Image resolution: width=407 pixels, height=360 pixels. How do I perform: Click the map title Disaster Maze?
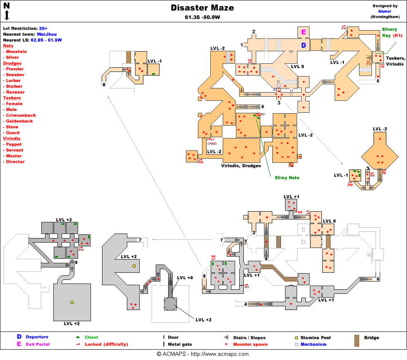(202, 8)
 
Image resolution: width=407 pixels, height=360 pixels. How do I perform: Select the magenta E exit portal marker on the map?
(304, 32)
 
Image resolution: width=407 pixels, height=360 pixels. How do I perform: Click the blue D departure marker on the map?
(304, 45)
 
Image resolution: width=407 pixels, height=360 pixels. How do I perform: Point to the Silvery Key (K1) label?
(392, 33)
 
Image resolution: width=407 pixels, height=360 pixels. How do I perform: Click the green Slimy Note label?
(287, 178)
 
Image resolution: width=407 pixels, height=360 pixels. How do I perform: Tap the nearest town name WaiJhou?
(47, 34)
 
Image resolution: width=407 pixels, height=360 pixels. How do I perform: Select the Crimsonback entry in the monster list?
(21, 115)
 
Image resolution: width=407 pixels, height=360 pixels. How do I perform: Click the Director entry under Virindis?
(15, 162)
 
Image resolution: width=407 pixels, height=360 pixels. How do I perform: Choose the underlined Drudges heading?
(12, 63)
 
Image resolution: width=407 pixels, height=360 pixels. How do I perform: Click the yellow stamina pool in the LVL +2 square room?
(72, 303)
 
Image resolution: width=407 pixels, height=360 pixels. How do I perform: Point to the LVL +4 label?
(185, 277)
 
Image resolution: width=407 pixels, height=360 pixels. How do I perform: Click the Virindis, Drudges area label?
(241, 166)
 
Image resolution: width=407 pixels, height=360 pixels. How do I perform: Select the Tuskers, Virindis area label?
(395, 62)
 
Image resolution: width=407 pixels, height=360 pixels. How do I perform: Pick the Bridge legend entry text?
(371, 338)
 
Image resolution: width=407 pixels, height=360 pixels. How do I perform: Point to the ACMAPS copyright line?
(203, 354)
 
